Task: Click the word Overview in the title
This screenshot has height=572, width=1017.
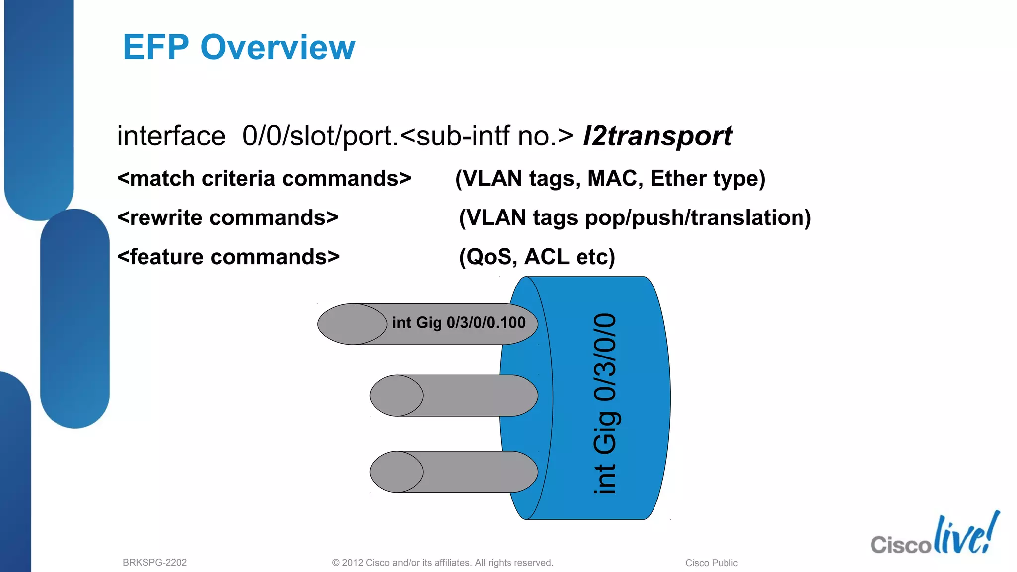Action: pos(278,48)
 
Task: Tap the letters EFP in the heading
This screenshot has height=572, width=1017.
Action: pos(156,48)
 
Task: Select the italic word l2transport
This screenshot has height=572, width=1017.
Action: pos(657,136)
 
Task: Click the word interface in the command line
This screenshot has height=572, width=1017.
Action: pos(171,136)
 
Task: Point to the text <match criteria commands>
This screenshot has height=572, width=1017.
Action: pos(264,179)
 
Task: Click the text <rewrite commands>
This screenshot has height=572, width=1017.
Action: pos(228,218)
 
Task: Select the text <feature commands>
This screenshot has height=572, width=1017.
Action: pos(228,257)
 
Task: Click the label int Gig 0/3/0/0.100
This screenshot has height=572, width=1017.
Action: pos(458,323)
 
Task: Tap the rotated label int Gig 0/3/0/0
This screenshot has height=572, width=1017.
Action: pos(605,403)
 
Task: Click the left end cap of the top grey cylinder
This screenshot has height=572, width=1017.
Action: pos(352,324)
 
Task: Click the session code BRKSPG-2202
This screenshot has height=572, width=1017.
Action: pos(154,563)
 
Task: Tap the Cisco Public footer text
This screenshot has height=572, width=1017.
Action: pos(711,563)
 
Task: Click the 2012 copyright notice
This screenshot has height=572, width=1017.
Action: pos(442,563)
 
